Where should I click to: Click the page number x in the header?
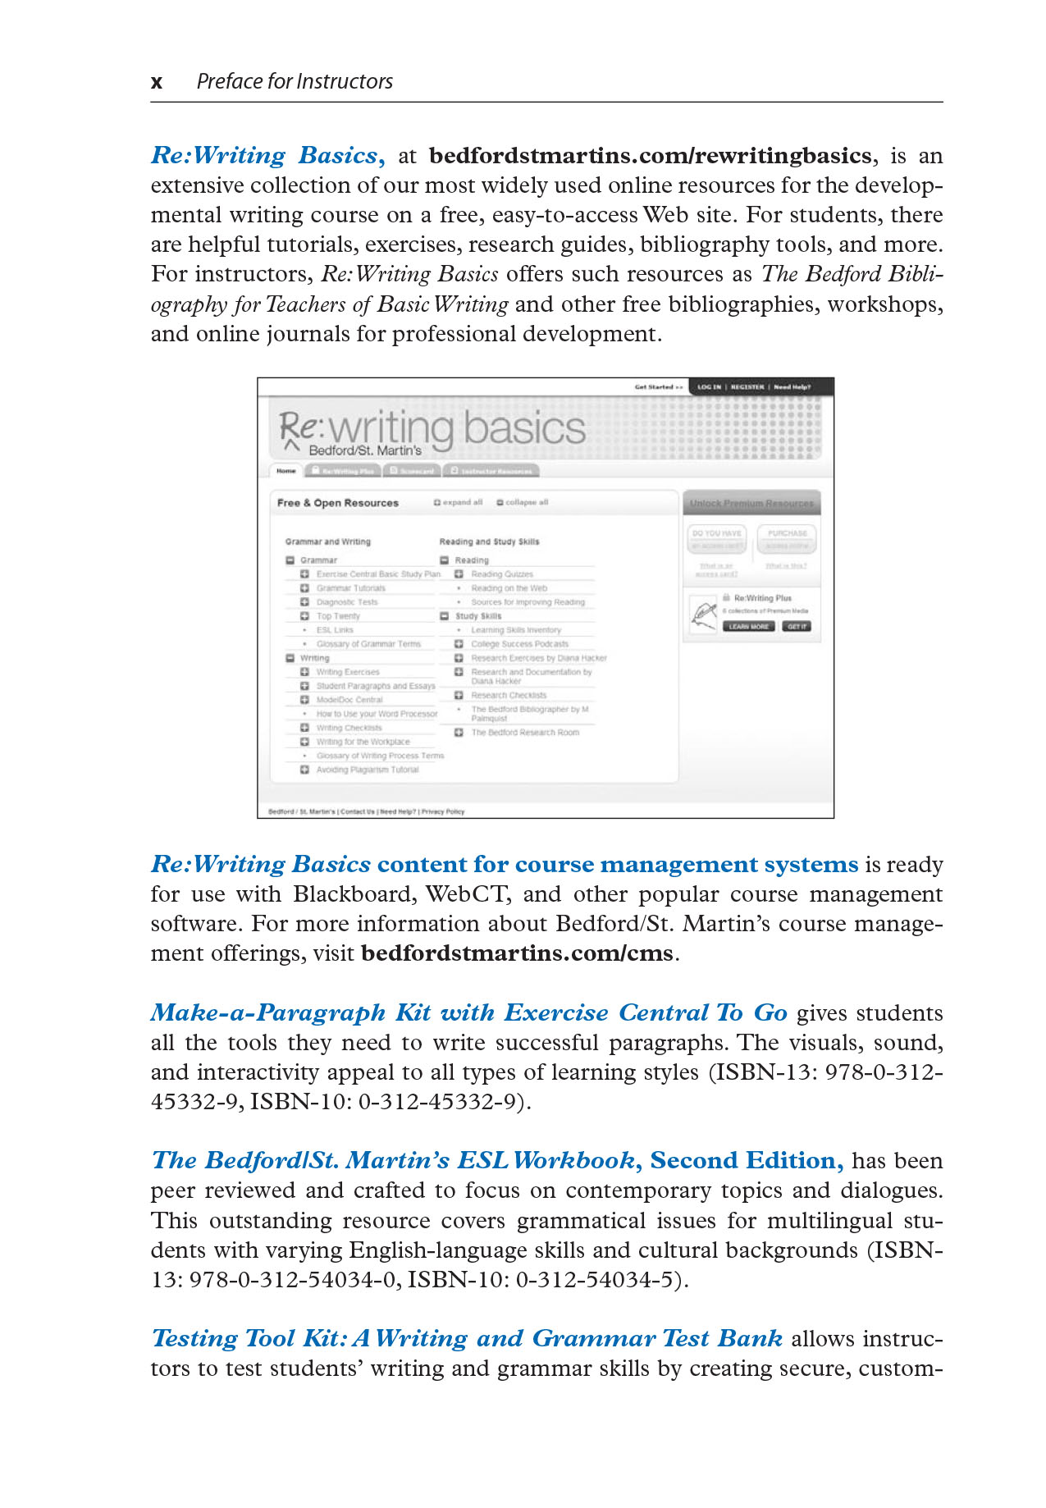coord(157,82)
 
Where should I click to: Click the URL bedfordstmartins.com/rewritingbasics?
coord(650,156)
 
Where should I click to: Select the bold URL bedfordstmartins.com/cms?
coord(517,953)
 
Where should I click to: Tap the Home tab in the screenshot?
coord(285,471)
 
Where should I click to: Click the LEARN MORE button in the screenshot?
coord(748,627)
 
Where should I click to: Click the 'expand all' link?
coord(459,502)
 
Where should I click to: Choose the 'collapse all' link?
coord(523,502)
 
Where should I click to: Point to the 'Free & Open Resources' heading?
coord(338,503)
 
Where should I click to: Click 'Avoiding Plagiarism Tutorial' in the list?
coord(367,770)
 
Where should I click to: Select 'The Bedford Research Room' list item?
coord(524,733)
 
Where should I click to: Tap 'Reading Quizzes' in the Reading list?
coord(501,574)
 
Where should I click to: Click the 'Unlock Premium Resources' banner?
coord(751,503)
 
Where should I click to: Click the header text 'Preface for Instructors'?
coord(295,82)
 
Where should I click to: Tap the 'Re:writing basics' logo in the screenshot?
coord(432,430)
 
